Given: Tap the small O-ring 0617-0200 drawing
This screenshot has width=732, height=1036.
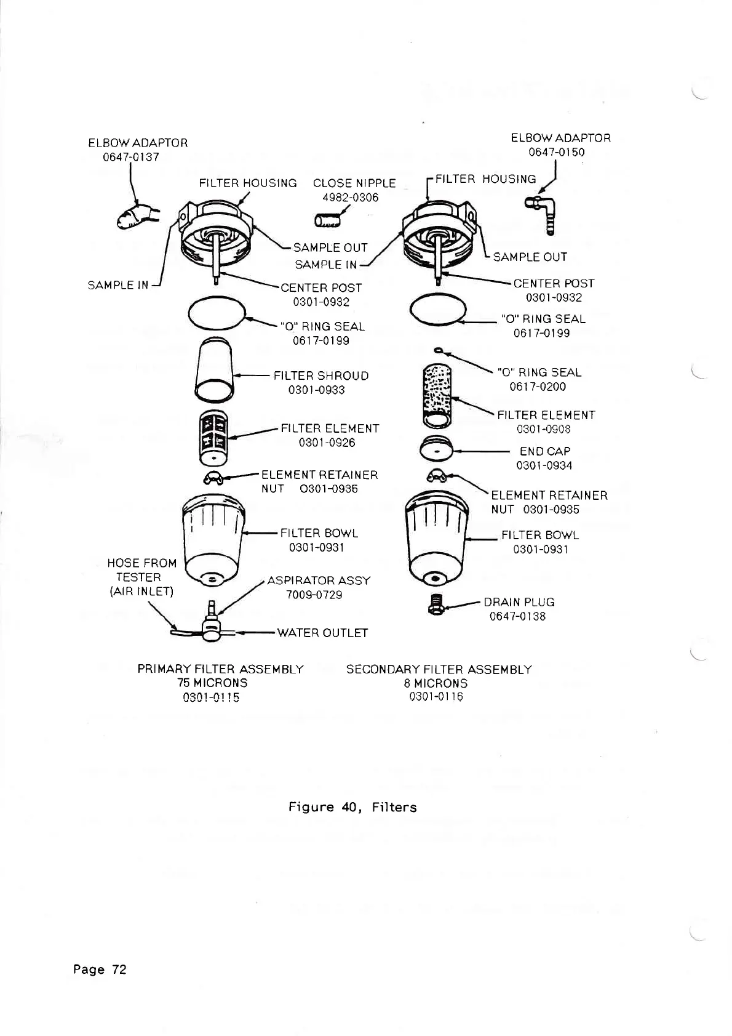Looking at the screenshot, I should coord(437,351).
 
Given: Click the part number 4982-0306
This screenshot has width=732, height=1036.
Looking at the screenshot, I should coord(351,198).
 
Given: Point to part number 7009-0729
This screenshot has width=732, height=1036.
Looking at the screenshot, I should coord(314,595).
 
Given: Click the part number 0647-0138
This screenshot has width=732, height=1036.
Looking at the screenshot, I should coord(517,616).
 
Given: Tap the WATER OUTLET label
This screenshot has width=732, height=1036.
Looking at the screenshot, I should coord(322,633).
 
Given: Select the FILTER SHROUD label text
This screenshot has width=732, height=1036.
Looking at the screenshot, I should coord(321,375).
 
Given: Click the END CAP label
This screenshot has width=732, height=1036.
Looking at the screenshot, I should coord(545,451).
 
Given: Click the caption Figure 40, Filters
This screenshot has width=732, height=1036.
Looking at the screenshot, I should coord(352,807).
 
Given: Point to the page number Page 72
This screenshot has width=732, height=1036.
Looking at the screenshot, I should coord(100,970).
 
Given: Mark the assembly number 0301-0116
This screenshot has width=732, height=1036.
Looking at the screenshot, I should coord(436,696).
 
